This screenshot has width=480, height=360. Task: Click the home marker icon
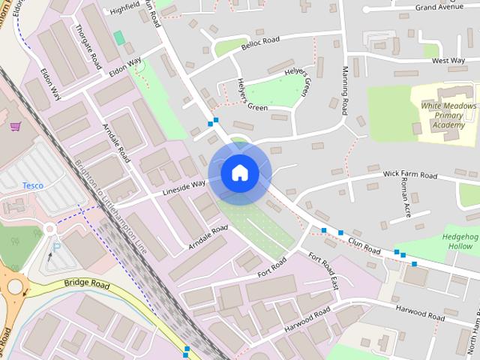coord(240,172)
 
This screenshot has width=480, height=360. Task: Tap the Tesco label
coord(31,185)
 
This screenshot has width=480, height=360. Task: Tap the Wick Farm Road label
coord(409,175)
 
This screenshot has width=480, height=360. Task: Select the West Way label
coord(448,61)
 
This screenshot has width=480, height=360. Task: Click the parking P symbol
coord(56,245)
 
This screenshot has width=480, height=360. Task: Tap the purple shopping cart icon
coord(15,127)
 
